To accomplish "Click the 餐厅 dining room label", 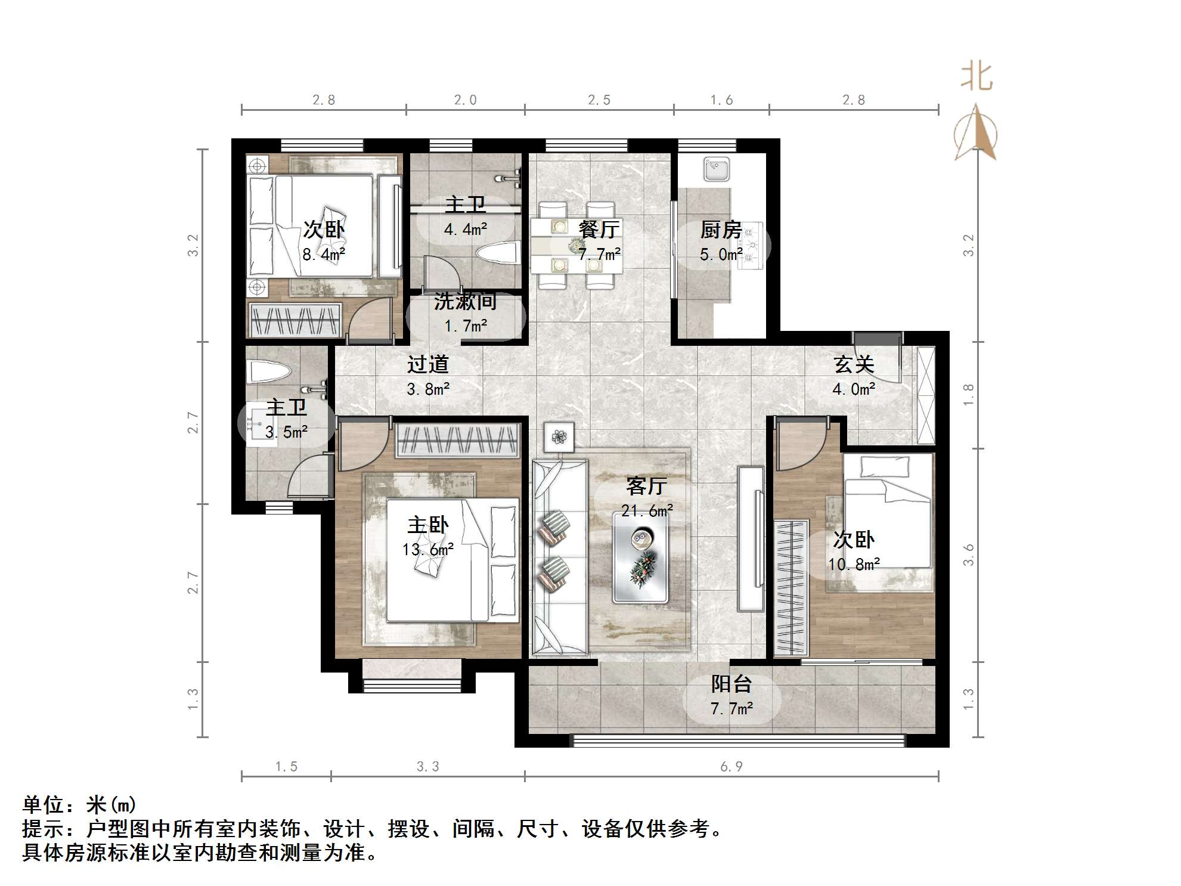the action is (599, 229).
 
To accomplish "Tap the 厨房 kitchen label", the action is (721, 229).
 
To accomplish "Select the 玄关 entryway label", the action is (854, 364).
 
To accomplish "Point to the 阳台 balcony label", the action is (731, 684).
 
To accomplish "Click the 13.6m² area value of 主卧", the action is (428, 549).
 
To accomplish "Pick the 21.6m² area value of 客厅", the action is (647, 510).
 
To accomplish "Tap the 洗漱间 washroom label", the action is (465, 302).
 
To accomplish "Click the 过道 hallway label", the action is (427, 364).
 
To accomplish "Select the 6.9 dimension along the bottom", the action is (731, 767).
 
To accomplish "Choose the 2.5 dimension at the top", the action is (599, 100).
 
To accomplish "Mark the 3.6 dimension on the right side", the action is (968, 555).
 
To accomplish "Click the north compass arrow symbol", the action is (976, 132).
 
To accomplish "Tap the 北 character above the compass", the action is (977, 77).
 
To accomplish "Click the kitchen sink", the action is (716, 169).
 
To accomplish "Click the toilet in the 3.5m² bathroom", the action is (270, 371).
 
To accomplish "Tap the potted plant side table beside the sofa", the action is (559, 437).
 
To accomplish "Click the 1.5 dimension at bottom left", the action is (286, 767).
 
